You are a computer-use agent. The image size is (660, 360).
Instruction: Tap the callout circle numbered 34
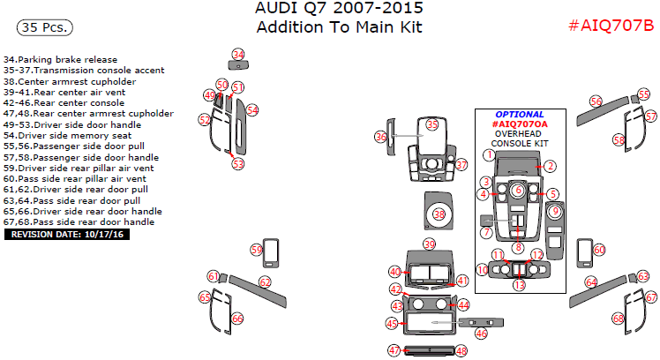tap(238, 55)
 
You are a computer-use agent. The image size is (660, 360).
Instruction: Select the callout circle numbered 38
tap(439, 214)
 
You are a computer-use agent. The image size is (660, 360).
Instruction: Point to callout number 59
tap(257, 250)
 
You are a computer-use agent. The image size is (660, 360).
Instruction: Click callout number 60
tap(599, 250)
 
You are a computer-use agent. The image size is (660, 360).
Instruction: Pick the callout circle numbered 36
tap(381, 137)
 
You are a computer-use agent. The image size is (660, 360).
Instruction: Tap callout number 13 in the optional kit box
tap(519, 285)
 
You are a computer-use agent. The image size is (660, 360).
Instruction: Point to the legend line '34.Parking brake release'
tap(60, 60)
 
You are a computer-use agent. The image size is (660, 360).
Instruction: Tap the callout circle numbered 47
tap(394, 350)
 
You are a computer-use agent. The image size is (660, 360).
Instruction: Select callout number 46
tap(481, 334)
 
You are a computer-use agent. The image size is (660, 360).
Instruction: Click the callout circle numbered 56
tap(596, 102)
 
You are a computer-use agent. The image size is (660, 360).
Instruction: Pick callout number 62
tap(264, 281)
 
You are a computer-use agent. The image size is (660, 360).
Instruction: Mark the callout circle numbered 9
tap(555, 211)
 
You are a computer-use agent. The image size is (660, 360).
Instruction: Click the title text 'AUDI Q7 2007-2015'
tap(338, 9)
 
